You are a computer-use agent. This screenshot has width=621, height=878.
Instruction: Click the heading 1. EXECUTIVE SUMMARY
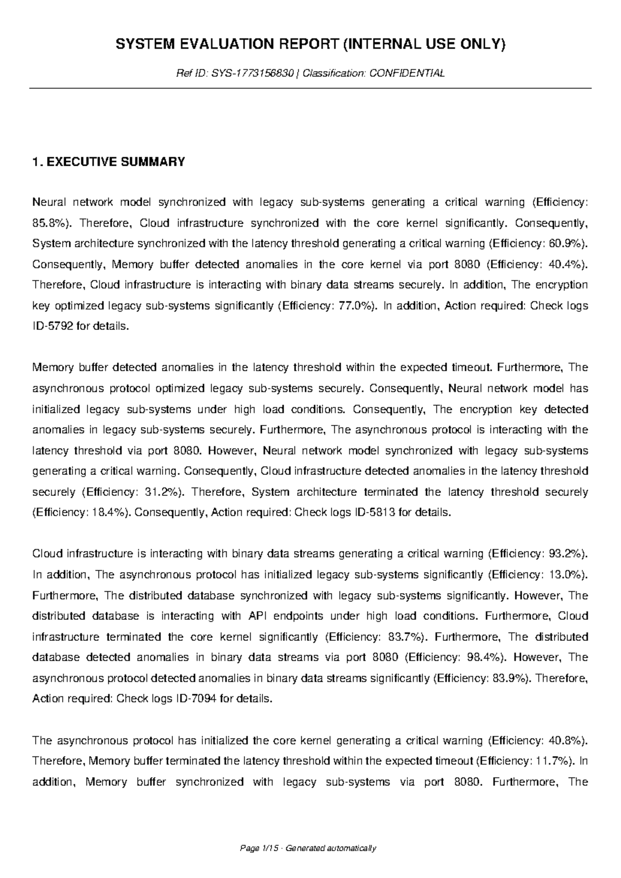point(108,162)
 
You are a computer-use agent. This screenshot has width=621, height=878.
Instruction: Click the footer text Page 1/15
point(262,848)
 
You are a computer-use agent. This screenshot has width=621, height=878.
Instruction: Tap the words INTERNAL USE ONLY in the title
point(423,45)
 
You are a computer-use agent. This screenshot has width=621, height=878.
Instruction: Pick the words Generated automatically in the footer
point(331,848)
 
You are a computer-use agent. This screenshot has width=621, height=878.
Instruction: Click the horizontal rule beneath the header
point(310,89)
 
